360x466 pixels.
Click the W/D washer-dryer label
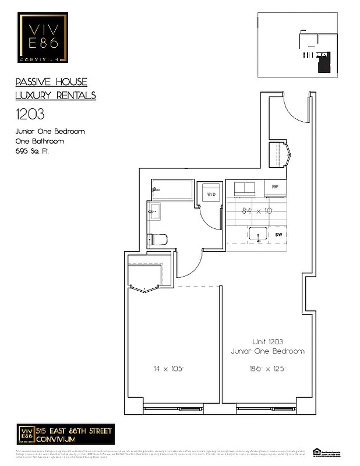tap(210, 194)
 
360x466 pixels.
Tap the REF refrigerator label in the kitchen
tap(275, 188)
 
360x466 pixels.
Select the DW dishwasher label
tap(278, 235)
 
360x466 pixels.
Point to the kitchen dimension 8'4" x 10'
tap(257, 211)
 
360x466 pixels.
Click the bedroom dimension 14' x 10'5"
tap(168, 368)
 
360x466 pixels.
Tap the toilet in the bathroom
tap(158, 239)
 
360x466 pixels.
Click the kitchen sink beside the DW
tap(257, 235)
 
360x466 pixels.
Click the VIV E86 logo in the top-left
tap(41, 37)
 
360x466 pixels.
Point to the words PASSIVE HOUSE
tap(51, 83)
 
